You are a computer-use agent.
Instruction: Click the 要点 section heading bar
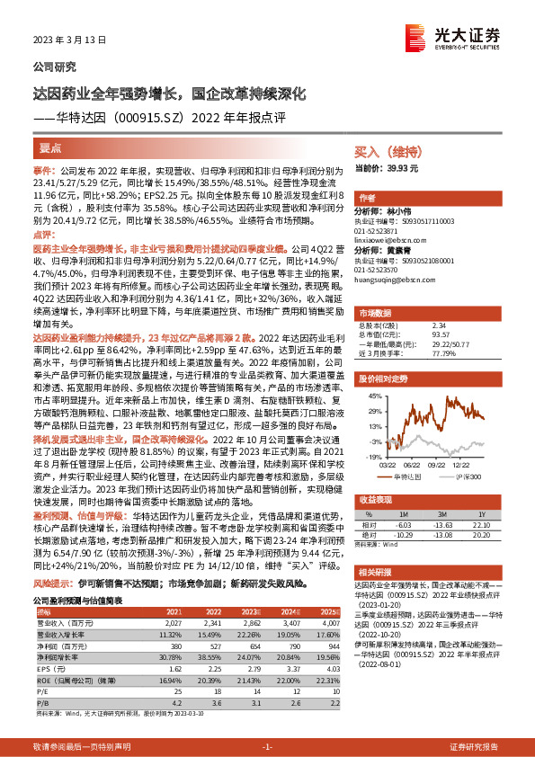pos(50,147)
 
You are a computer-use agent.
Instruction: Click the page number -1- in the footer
pos(267,746)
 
